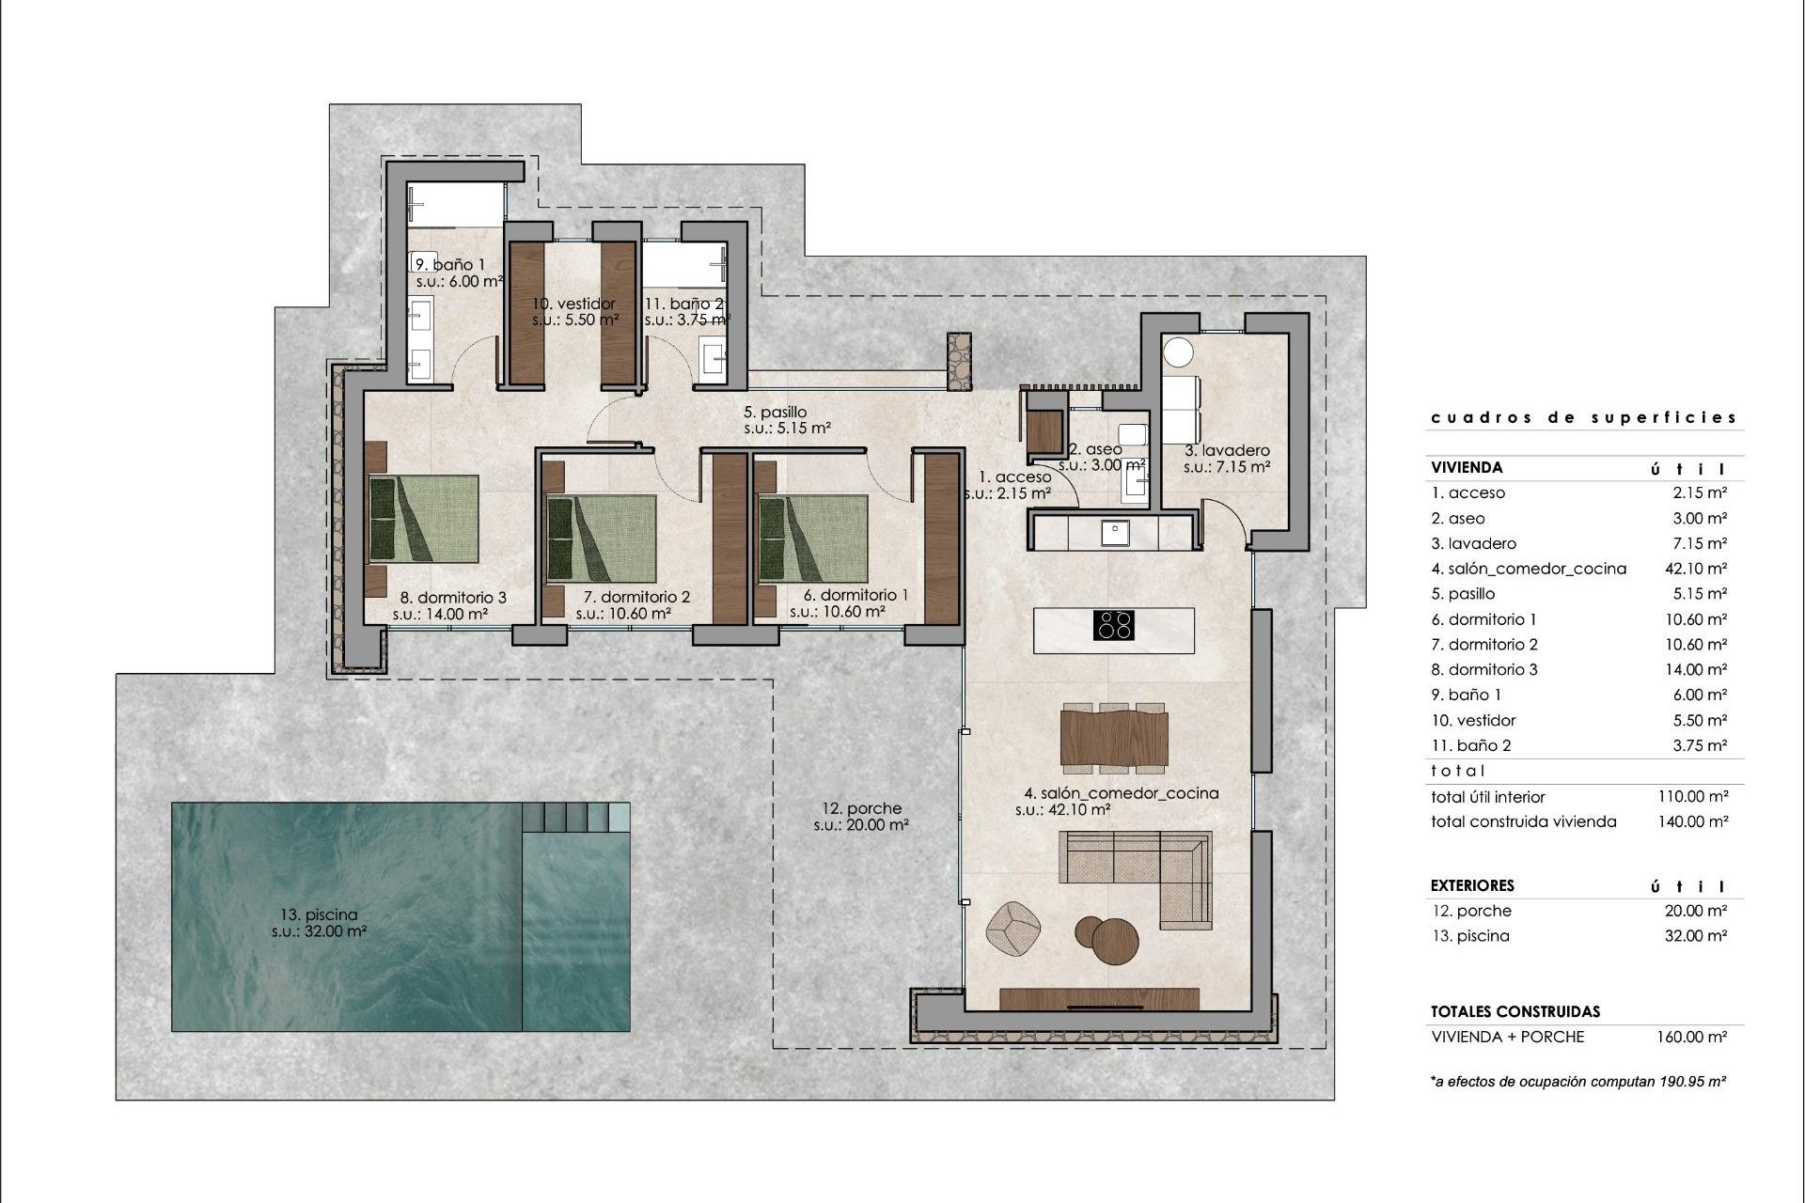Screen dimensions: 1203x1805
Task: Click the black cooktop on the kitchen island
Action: click(1115, 625)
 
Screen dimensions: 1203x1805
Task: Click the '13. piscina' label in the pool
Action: click(318, 914)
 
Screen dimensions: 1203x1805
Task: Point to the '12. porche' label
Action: click(861, 808)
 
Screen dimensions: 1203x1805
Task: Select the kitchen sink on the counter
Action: click(1115, 533)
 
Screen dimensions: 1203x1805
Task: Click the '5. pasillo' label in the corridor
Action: click(775, 412)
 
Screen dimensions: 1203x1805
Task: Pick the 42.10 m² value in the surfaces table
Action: click(1695, 569)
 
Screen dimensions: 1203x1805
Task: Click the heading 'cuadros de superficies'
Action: click(1584, 417)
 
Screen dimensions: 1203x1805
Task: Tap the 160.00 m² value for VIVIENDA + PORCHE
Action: click(1691, 1038)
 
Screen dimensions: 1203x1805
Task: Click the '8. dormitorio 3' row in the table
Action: click(1484, 670)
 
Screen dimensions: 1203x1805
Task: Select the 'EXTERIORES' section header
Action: click(1472, 885)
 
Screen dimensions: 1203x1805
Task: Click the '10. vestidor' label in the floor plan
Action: click(573, 304)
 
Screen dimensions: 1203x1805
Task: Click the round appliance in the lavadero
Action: click(1178, 352)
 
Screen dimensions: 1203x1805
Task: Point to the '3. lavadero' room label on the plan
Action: click(1227, 450)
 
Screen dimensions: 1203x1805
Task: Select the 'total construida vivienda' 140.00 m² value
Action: click(1692, 821)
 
